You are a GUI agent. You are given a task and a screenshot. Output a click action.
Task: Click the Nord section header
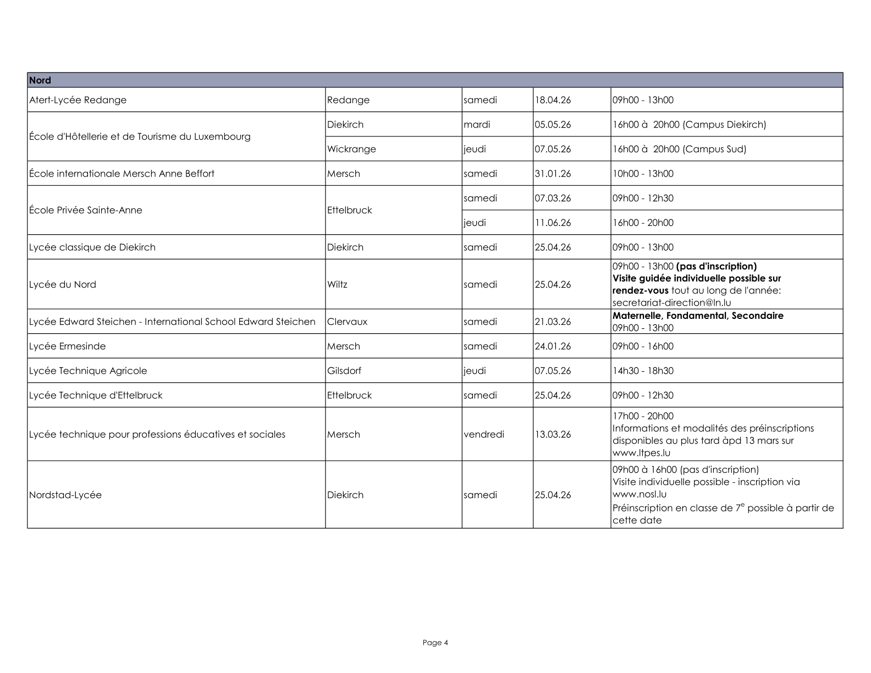click(40, 80)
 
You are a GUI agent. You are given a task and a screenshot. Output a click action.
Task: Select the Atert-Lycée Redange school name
click(78, 100)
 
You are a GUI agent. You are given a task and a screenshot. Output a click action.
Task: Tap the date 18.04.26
click(553, 100)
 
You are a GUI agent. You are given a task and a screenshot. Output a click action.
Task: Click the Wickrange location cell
click(351, 149)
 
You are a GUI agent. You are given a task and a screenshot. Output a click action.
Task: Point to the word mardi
click(477, 125)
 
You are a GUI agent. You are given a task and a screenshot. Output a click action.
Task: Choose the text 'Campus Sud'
click(714, 149)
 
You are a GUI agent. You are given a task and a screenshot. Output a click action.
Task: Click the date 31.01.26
click(553, 174)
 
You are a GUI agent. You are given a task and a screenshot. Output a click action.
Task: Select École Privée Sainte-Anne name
click(85, 210)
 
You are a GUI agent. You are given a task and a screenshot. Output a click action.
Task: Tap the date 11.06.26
click(553, 223)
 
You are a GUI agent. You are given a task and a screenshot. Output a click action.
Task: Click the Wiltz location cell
click(337, 284)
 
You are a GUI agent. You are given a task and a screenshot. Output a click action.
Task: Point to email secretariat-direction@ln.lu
click(671, 302)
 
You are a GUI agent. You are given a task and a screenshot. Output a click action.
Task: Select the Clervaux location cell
click(347, 322)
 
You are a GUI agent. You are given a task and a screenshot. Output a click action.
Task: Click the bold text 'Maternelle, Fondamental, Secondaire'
click(698, 316)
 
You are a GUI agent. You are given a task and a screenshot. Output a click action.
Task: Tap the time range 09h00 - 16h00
click(643, 346)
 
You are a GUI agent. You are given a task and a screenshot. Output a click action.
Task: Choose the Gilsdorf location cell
click(344, 371)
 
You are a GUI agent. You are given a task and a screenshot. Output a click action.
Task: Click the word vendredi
click(484, 434)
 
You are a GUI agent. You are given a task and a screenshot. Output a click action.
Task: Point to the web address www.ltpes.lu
click(641, 453)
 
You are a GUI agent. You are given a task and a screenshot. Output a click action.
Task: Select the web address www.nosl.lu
click(639, 494)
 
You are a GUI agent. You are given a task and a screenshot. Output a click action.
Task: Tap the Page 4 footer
click(435, 642)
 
